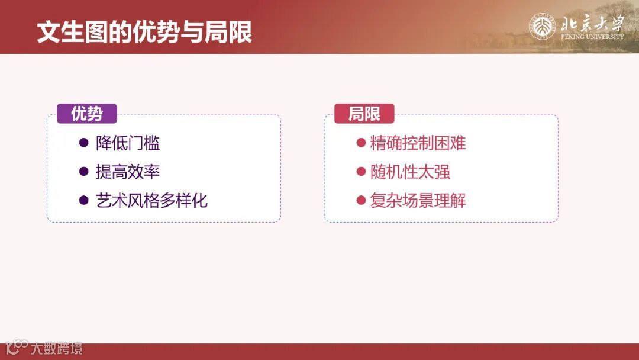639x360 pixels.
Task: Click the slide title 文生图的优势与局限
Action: click(x=144, y=32)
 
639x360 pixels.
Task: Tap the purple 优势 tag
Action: click(x=86, y=114)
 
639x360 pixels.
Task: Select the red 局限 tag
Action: click(x=364, y=114)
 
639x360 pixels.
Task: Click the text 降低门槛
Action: click(x=128, y=143)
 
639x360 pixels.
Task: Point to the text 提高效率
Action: click(x=128, y=172)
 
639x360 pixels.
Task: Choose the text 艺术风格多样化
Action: click(x=151, y=200)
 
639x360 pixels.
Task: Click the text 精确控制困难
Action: click(x=418, y=143)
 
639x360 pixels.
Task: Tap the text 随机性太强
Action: click(x=410, y=172)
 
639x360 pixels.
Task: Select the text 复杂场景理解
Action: click(x=418, y=200)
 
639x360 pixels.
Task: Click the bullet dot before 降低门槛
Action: click(x=83, y=143)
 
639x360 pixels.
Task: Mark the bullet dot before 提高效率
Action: click(x=83, y=172)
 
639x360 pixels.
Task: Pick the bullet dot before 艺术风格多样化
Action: click(x=83, y=200)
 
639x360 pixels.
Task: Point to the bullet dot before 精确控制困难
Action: click(x=360, y=143)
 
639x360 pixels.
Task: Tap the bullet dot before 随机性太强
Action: click(x=360, y=172)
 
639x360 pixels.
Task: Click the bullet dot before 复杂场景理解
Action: click(x=360, y=200)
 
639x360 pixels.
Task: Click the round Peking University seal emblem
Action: click(x=543, y=27)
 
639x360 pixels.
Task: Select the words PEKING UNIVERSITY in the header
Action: click(x=592, y=37)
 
